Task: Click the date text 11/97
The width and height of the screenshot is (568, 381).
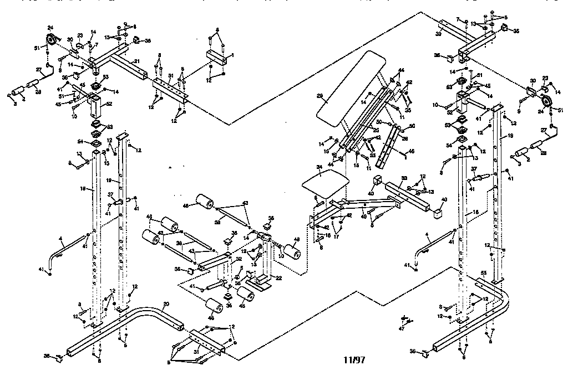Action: (354, 360)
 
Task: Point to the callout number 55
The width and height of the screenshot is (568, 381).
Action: (483, 274)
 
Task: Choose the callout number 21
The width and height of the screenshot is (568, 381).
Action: (136, 60)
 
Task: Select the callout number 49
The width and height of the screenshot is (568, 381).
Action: (364, 217)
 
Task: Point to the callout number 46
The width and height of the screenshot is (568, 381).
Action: (410, 151)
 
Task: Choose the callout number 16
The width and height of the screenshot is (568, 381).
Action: (328, 235)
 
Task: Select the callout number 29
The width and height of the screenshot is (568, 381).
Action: (319, 96)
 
